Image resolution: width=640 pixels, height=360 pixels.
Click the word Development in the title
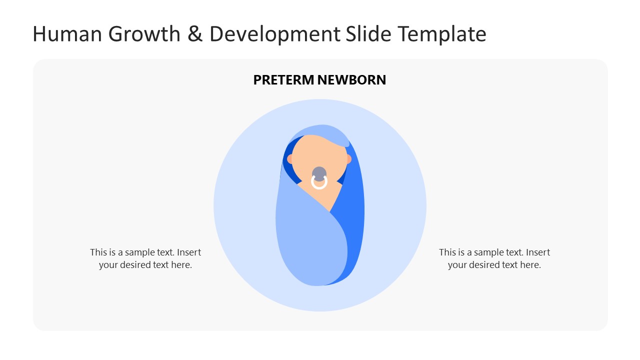[274, 34]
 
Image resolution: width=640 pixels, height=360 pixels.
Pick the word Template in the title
[442, 34]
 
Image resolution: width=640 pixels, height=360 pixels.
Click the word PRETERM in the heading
[283, 80]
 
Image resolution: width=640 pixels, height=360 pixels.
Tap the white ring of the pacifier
[319, 183]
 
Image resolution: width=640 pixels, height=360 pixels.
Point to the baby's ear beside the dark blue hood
[289, 159]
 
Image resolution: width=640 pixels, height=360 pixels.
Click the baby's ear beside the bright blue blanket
[348, 159]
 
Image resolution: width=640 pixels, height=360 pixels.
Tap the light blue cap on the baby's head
[320, 130]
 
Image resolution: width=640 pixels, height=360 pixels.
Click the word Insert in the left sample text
[189, 252]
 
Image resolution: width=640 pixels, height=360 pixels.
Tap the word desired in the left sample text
[135, 265]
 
